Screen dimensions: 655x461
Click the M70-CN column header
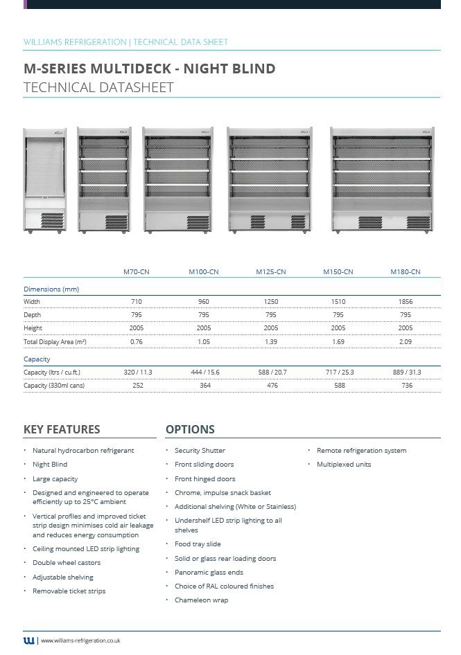[x=137, y=272]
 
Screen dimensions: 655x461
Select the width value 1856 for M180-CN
[x=406, y=302]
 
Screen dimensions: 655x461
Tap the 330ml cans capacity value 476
[x=271, y=386]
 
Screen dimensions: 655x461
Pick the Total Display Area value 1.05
[x=204, y=342]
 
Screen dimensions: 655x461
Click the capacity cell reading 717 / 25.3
[x=339, y=373]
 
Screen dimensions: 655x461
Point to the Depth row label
[x=33, y=315]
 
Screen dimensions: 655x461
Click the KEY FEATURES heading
[x=62, y=429]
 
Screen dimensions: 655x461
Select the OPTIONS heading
[x=190, y=429]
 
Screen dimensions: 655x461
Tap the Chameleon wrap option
[x=201, y=600]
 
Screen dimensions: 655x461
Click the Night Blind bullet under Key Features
[x=50, y=465]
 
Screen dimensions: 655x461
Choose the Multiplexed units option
[x=343, y=465]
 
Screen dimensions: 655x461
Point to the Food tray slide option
[x=198, y=544]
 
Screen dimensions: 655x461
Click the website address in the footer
[x=81, y=641]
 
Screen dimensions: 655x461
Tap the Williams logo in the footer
[x=28, y=640]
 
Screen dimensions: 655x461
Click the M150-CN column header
[x=338, y=272]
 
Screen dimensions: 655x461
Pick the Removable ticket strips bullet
[x=69, y=591]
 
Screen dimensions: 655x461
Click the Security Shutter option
[x=200, y=451]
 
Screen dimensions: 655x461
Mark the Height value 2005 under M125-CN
[x=271, y=328]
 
